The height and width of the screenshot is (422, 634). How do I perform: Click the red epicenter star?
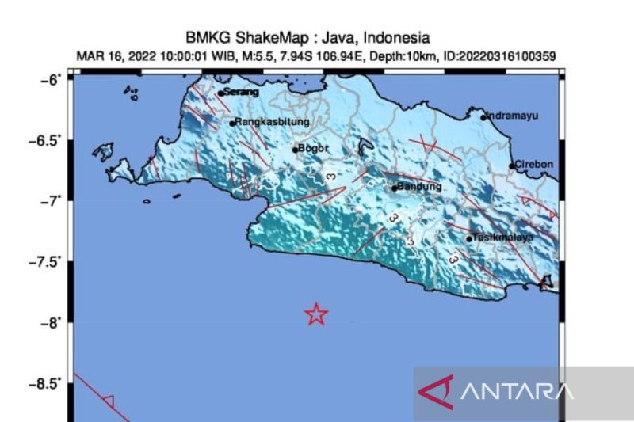pyautogui.click(x=316, y=314)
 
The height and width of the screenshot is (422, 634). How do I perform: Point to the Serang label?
pyautogui.click(x=242, y=92)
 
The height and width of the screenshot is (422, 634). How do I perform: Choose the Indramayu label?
pyautogui.click(x=512, y=116)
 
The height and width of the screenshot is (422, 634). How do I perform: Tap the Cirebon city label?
pyautogui.click(x=534, y=165)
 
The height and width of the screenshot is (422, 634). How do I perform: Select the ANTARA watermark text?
pyautogui.click(x=516, y=391)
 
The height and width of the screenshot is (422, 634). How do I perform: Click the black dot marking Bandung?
pyautogui.click(x=394, y=188)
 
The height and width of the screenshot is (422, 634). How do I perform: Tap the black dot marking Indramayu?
pyautogui.click(x=483, y=117)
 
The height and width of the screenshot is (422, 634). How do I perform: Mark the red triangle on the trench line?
pyautogui.click(x=109, y=401)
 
